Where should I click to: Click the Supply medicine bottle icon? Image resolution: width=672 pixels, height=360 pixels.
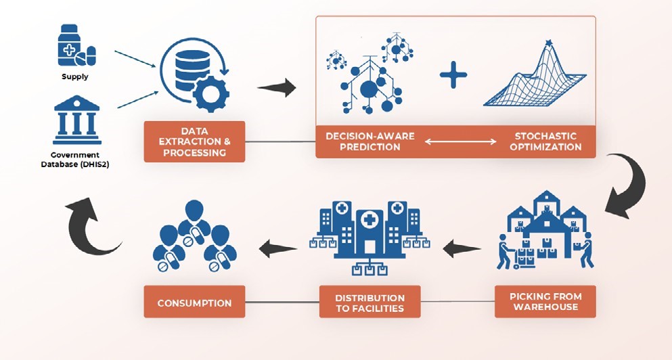click(x=76, y=45)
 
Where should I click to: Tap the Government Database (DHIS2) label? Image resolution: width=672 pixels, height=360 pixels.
click(x=75, y=160)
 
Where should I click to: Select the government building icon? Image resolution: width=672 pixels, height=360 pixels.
click(x=77, y=120)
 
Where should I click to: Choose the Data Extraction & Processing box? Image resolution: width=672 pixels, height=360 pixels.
click(x=195, y=141)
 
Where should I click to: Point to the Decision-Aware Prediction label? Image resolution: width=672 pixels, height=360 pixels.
click(x=370, y=141)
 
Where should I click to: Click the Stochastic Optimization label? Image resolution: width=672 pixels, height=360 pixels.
click(x=545, y=141)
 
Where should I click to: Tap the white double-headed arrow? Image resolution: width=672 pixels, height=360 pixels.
click(x=461, y=142)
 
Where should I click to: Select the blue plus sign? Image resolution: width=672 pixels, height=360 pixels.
click(x=453, y=74)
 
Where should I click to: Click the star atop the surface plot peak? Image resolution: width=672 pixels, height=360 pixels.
click(x=548, y=43)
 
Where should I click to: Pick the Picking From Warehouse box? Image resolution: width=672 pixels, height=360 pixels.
click(x=545, y=302)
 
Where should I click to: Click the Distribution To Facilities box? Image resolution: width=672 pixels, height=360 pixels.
click(x=369, y=302)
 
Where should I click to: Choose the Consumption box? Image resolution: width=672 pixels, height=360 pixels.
click(x=195, y=302)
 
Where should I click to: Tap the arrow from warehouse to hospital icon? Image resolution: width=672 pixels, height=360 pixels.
click(x=462, y=249)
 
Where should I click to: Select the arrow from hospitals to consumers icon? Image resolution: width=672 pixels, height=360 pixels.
click(x=278, y=249)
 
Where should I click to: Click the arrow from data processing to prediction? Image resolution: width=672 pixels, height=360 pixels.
click(x=277, y=88)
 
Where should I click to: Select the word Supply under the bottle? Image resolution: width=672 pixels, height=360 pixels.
click(x=75, y=76)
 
